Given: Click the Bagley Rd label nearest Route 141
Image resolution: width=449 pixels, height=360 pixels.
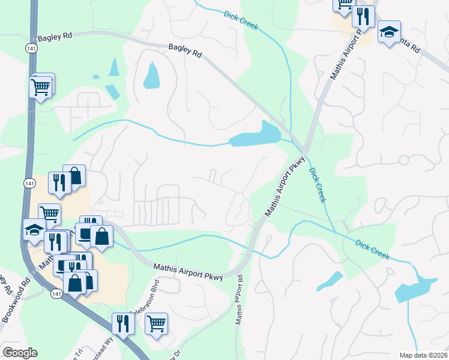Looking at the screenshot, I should coord(55,36).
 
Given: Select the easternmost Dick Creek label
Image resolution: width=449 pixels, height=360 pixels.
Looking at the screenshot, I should coord(372,250).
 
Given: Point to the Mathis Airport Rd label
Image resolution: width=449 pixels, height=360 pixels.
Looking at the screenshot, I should coord(240,299).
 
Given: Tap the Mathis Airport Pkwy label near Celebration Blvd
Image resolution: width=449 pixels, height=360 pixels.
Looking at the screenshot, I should coord(188,272).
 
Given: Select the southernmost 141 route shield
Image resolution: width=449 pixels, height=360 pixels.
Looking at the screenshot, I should coord(56,293).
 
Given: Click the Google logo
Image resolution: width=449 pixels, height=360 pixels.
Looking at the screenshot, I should coord(20,353).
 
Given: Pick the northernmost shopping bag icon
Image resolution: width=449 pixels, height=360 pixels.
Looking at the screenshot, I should coord(74,176).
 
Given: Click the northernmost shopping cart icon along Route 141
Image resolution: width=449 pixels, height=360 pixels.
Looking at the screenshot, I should coord(41,87).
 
